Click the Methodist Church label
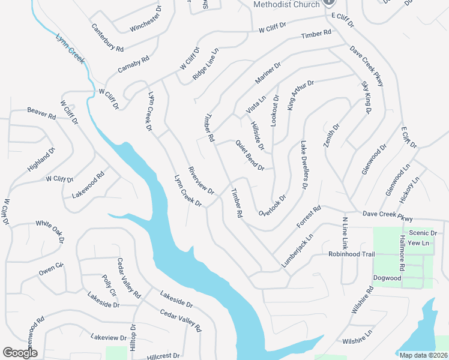tap(287, 4)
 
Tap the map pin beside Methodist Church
tap(329, 2)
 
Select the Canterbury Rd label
tap(107, 37)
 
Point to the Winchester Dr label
tap(146, 20)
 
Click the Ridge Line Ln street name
tap(205, 66)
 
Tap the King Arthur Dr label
tap(300, 95)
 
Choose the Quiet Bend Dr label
tap(250, 155)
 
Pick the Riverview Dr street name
tap(201, 181)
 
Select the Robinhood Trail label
tap(351, 254)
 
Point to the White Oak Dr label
tap(50, 232)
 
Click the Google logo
tap(20, 353)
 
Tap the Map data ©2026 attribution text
tap(423, 355)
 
